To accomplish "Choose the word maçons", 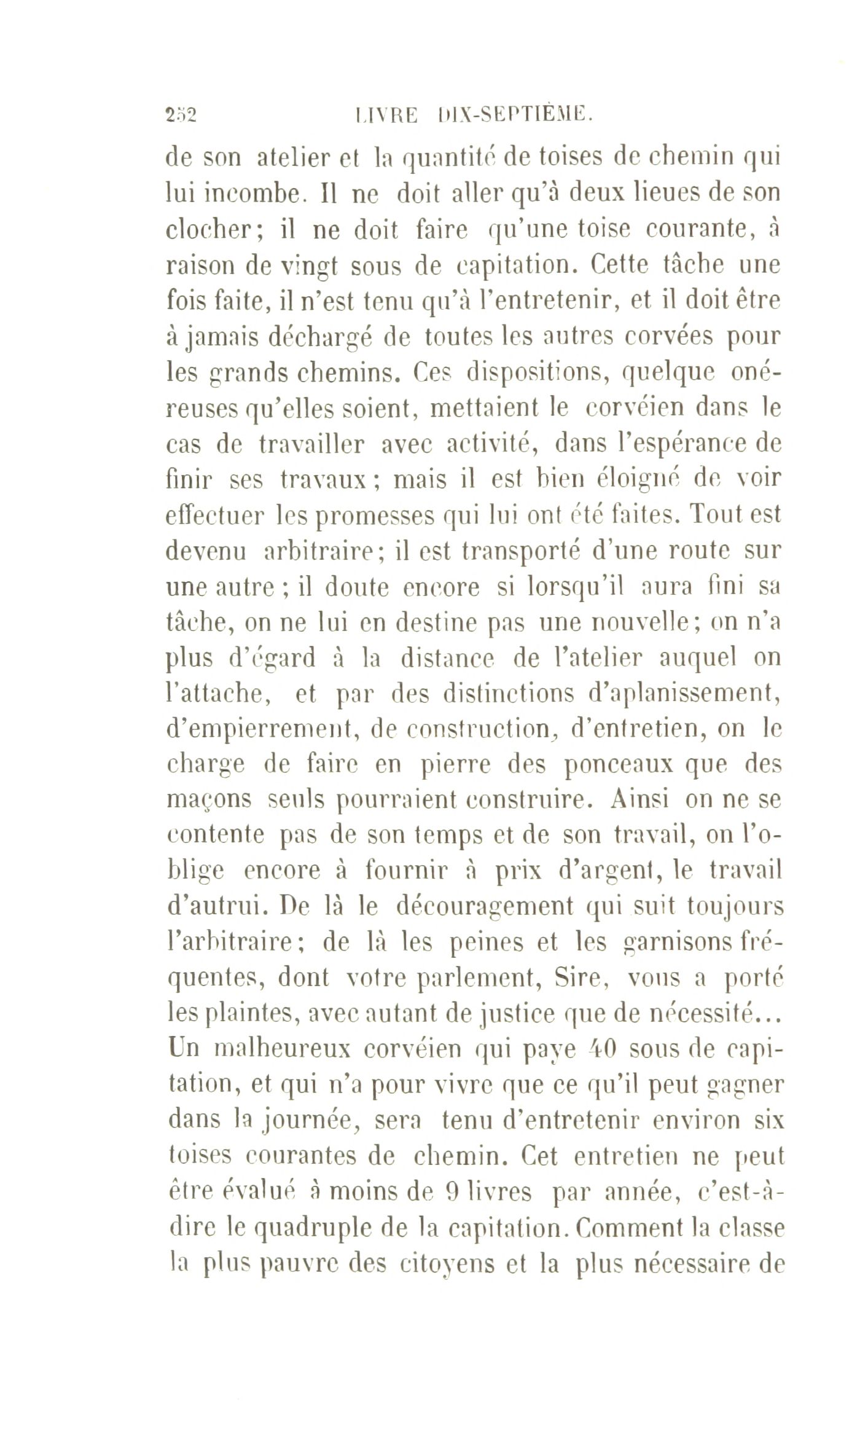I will (209, 801).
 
